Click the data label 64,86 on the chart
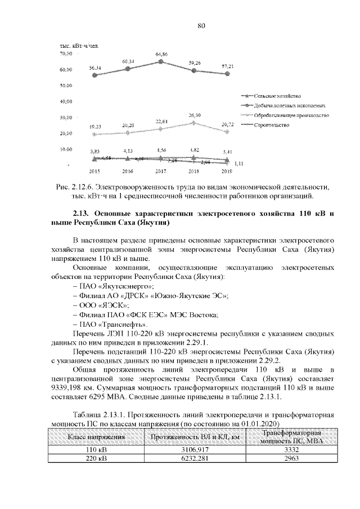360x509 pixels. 161,54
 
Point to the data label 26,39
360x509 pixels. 195,115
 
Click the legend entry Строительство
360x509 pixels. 272,124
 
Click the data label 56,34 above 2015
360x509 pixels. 95,67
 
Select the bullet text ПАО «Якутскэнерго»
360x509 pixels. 116,286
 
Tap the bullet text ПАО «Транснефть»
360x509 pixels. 113,325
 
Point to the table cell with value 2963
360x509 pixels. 291,459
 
